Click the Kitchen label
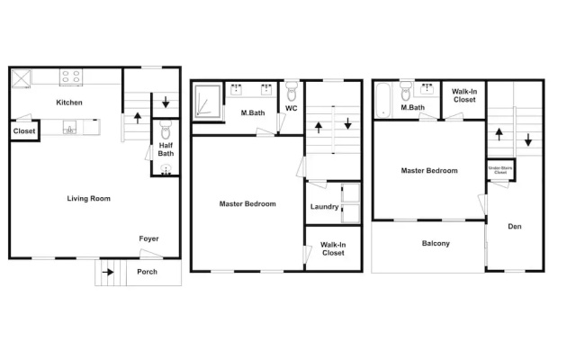[x=69, y=103]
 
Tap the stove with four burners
[x=71, y=77]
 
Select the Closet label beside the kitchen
[x=24, y=131]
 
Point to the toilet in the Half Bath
[x=166, y=130]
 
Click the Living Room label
[x=88, y=199]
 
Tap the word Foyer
[x=148, y=238]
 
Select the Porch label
[x=147, y=272]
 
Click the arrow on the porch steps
[x=108, y=272]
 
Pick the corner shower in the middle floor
[x=208, y=102]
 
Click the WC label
[x=292, y=108]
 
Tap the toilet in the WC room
[x=292, y=92]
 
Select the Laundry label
[x=324, y=207]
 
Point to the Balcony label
[x=436, y=244]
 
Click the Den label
[x=515, y=227]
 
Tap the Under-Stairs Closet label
[x=500, y=170]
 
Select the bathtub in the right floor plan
[x=382, y=100]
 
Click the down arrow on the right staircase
[x=528, y=140]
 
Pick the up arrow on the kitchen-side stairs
[x=138, y=118]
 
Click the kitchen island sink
[x=70, y=128]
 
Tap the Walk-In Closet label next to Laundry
[x=333, y=249]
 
